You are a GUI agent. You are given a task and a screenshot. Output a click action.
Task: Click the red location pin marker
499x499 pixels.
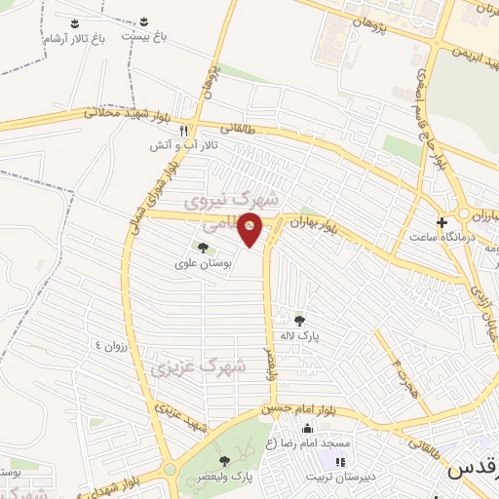pos(250,232)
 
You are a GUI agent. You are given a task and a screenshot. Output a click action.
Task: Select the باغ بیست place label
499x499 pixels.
pos(144,35)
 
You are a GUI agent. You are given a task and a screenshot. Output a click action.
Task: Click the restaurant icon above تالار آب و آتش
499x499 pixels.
pos(182,130)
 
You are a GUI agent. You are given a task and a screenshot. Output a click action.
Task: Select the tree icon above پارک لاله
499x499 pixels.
pos(299,320)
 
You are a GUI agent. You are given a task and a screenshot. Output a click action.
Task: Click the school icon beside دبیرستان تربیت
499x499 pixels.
pos(340,462)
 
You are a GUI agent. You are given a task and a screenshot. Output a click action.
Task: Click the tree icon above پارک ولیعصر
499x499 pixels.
pos(225,460)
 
